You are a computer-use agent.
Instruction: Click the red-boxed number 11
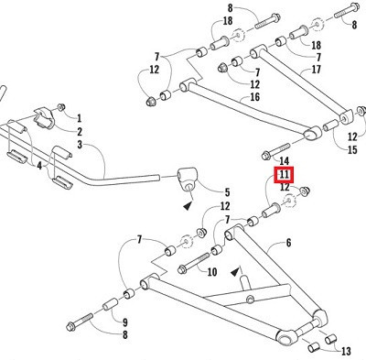pyautogui.click(x=285, y=174)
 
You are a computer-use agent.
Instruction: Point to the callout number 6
pyautogui.click(x=288, y=243)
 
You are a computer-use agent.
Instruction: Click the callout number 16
pyautogui.click(x=254, y=96)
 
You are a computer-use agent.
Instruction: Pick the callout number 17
pyautogui.click(x=317, y=68)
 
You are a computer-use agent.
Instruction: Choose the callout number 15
pyautogui.click(x=352, y=149)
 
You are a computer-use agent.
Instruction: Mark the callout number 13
pyautogui.click(x=345, y=351)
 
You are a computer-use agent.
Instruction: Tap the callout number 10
pyautogui.click(x=212, y=271)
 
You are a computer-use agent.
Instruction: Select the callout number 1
pyautogui.click(x=79, y=117)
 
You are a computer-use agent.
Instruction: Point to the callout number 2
pyautogui.click(x=79, y=131)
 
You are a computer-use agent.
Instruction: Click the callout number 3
pyautogui.click(x=79, y=145)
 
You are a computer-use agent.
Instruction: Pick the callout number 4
pyautogui.click(x=38, y=166)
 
